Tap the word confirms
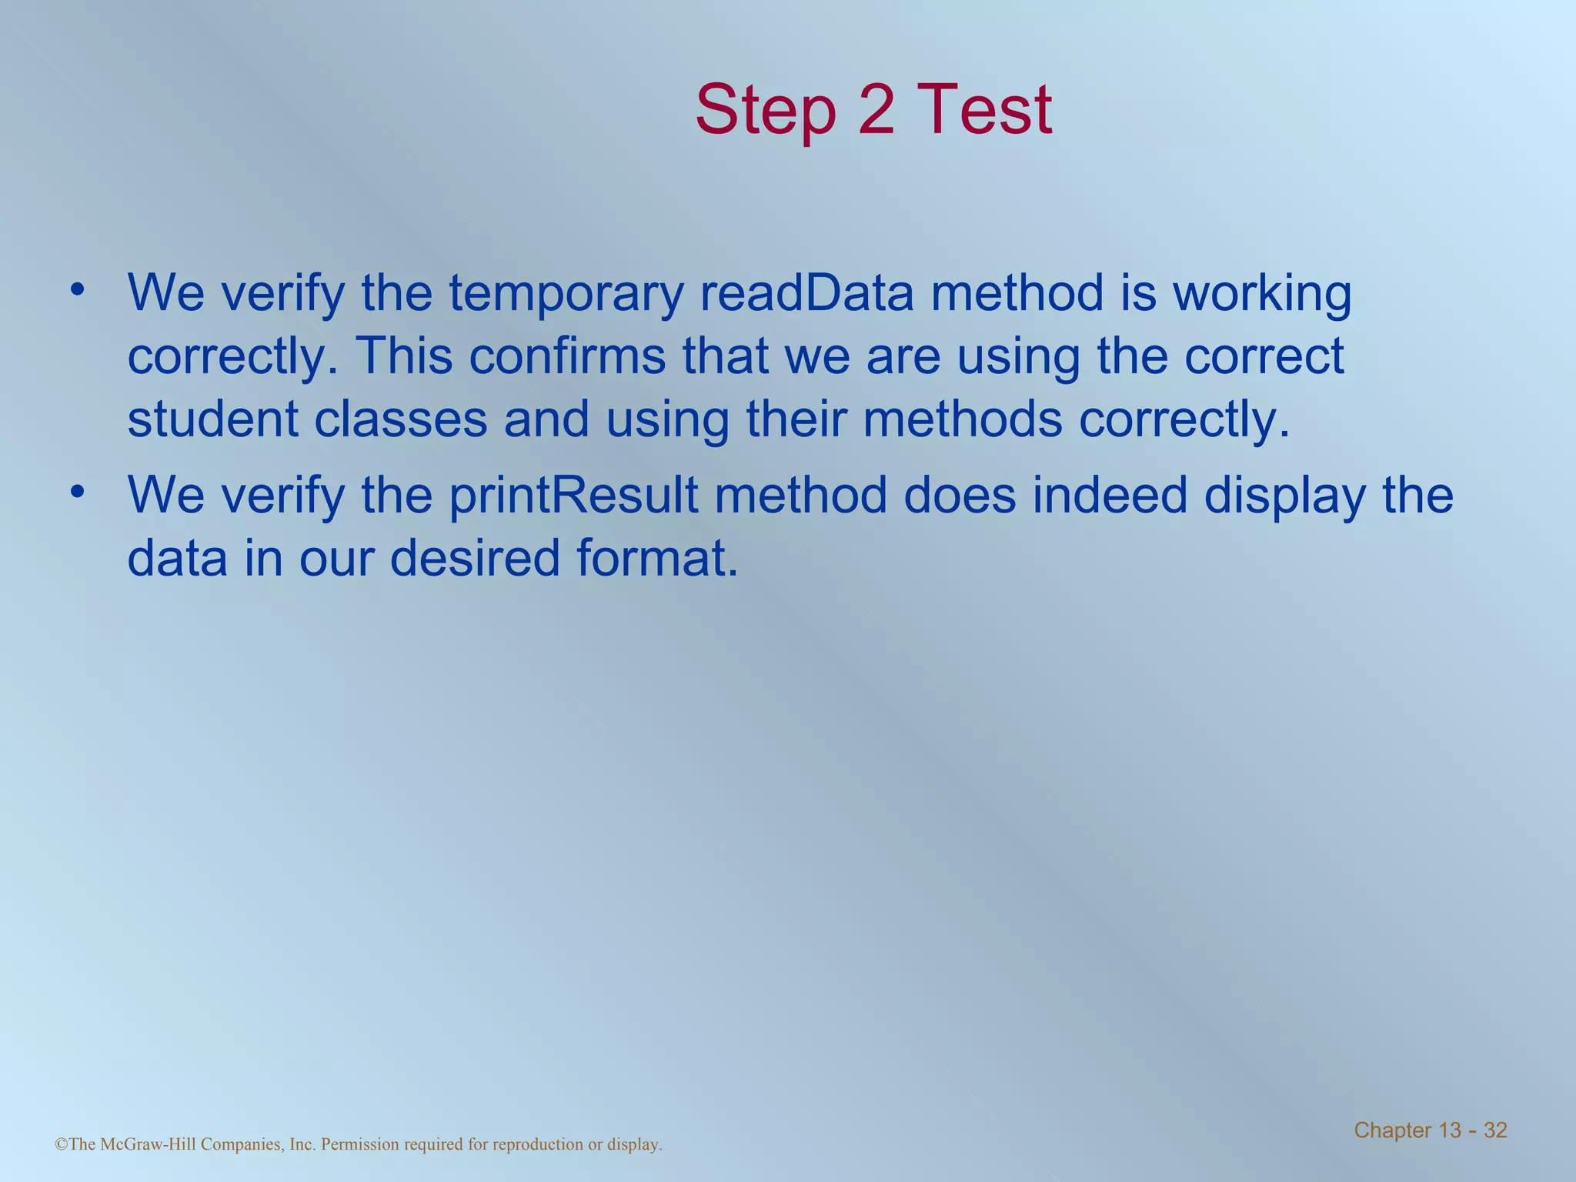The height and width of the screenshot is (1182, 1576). [567, 356]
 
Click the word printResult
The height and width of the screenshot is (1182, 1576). [573, 496]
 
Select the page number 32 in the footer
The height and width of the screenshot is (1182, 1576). [1495, 1130]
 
